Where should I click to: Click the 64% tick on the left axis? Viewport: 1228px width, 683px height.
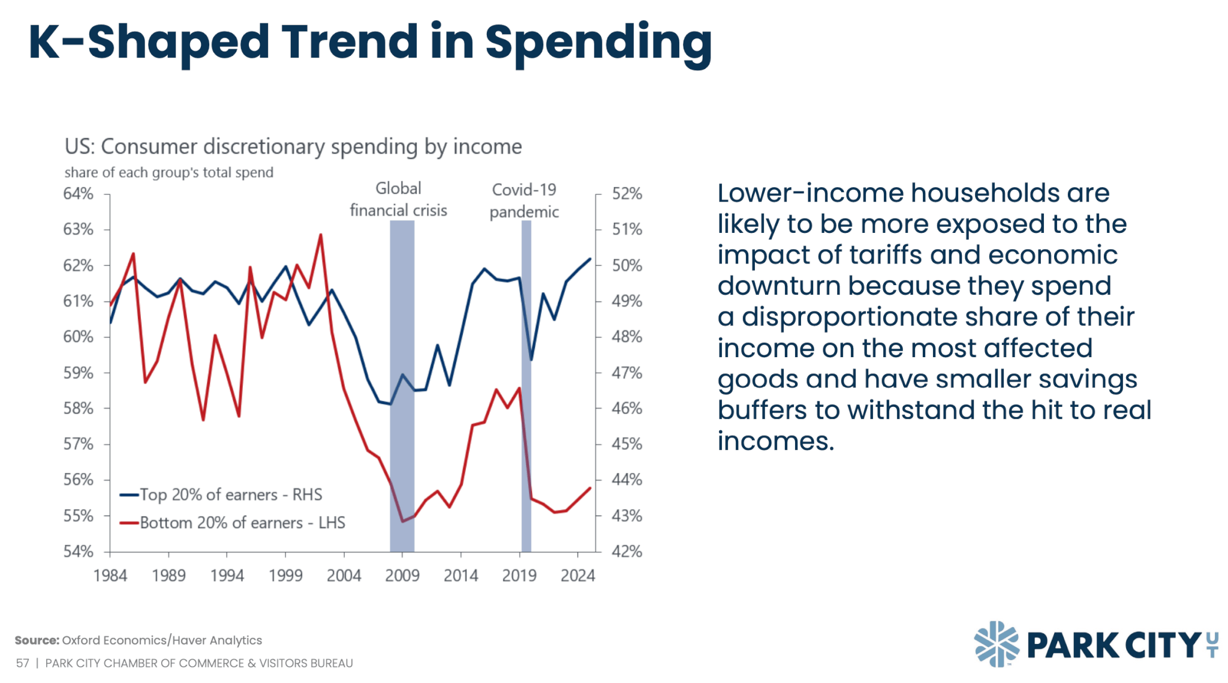coord(79,194)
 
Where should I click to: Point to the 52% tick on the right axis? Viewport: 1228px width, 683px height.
coord(627,194)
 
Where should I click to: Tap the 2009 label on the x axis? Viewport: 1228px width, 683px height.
coord(402,576)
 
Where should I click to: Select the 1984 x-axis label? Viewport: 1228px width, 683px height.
coord(110,576)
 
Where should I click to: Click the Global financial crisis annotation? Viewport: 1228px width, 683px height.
coord(398,199)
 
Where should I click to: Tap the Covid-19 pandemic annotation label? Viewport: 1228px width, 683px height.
coord(524,200)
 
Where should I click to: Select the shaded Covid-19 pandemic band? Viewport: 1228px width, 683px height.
coord(526,384)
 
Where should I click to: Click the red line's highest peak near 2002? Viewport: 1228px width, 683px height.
coord(321,235)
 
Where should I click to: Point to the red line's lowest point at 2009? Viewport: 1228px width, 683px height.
coord(402,521)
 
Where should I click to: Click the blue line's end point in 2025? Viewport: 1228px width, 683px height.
coord(591,259)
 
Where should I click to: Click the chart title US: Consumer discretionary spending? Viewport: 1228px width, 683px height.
coord(293,146)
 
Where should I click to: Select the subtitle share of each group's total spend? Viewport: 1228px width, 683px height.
coord(168,173)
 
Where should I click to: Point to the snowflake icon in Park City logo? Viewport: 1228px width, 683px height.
coord(997,644)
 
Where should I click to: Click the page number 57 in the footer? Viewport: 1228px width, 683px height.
coord(22,663)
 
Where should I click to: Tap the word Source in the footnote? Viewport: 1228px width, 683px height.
coord(37,640)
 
